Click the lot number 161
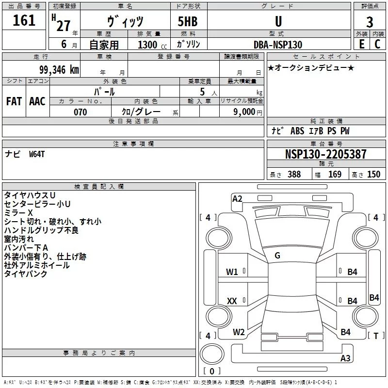(x=24, y=21)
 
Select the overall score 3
(x=370, y=22)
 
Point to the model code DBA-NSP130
(x=278, y=45)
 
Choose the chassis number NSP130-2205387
(x=326, y=154)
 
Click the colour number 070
(x=80, y=112)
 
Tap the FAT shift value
(x=14, y=101)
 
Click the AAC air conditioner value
(x=37, y=101)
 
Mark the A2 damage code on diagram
(x=237, y=198)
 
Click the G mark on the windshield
(x=277, y=256)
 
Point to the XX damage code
(x=232, y=302)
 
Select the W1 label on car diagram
(x=232, y=272)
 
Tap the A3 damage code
(x=345, y=358)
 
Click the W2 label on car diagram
(x=239, y=332)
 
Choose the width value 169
(x=335, y=175)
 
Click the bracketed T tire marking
(x=375, y=336)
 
